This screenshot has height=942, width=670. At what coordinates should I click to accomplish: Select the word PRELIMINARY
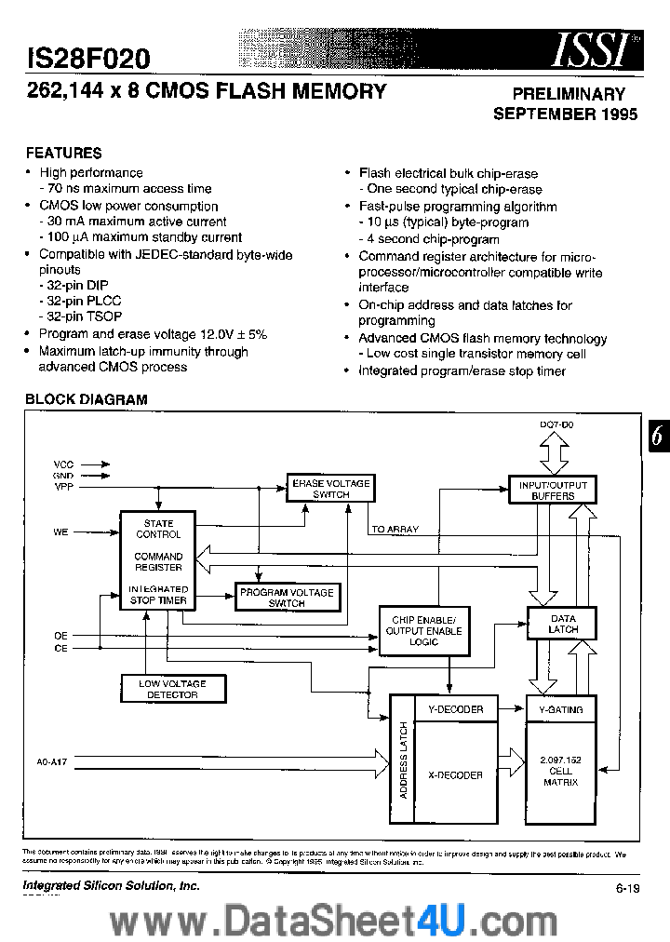pos(569,94)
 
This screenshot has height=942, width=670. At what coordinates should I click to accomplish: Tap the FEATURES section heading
pos(63,153)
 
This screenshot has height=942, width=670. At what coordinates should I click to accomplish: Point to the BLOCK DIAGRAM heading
pos(86,399)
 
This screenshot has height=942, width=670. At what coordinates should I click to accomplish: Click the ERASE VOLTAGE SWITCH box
pos(330,489)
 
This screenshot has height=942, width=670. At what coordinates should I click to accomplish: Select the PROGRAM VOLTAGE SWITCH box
pos(286,598)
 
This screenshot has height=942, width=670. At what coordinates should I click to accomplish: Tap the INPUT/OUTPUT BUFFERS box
pos(553,491)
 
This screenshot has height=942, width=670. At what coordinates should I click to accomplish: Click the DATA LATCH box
pos(563,624)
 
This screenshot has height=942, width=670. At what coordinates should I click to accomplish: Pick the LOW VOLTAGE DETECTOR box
pos(172,689)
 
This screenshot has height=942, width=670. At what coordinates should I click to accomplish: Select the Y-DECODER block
pos(455,709)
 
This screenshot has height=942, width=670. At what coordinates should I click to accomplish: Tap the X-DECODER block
pos(455,774)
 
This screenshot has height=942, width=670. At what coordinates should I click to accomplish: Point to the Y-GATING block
pos(561,709)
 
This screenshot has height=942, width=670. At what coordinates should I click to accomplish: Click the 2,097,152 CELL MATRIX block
pos(561,771)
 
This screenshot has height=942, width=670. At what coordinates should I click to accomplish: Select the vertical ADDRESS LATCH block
pos(402,759)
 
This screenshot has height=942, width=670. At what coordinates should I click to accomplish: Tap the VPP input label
pos(63,486)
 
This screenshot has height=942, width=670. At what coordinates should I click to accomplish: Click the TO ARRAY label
pos(395,529)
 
